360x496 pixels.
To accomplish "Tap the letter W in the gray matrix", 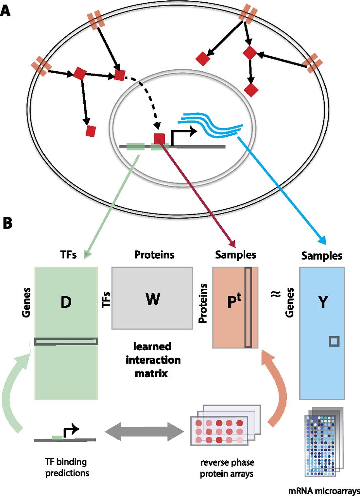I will point(153,299).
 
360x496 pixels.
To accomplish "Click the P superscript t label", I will point(230,299).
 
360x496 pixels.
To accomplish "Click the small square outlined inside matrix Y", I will point(334,341).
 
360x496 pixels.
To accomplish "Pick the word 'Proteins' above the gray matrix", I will point(154,255).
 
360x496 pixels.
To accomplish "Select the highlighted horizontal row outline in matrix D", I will point(66,341).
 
